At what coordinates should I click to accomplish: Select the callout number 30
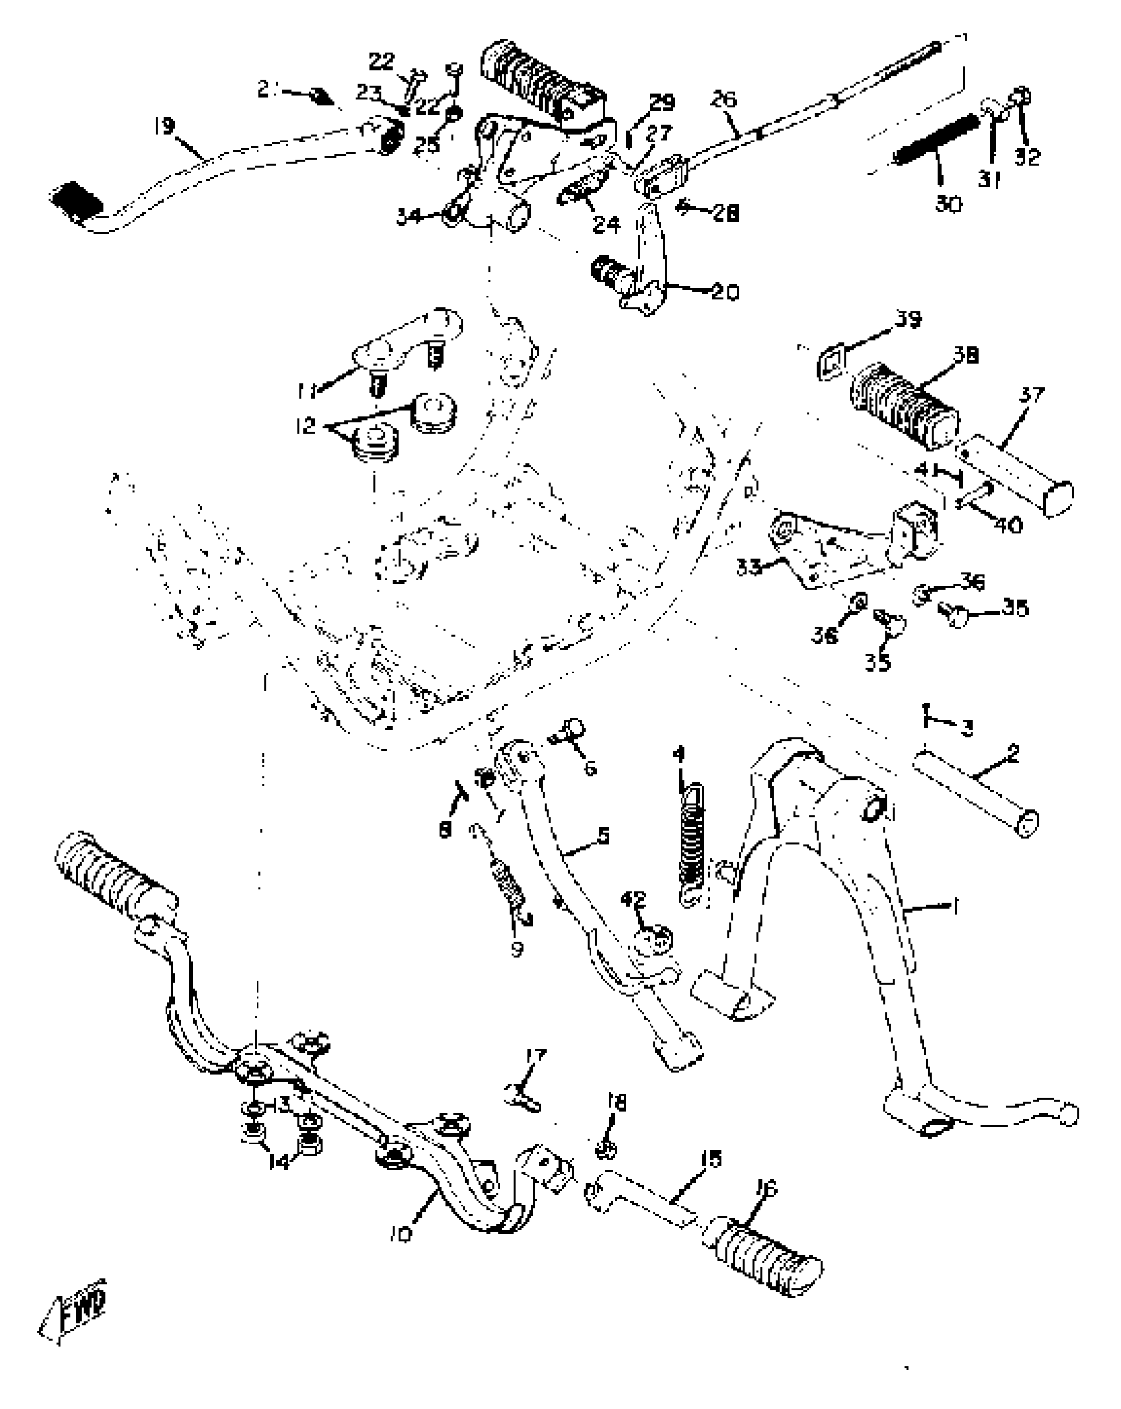[x=948, y=204]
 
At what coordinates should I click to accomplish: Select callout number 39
[x=908, y=319]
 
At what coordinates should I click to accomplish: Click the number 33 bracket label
[x=748, y=566]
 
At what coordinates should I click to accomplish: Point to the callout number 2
[x=1014, y=753]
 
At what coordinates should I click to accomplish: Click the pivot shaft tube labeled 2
[x=975, y=795]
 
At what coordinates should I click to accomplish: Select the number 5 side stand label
[x=601, y=836]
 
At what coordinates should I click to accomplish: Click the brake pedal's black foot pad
[x=76, y=198]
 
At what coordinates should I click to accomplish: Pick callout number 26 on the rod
[x=724, y=100]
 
